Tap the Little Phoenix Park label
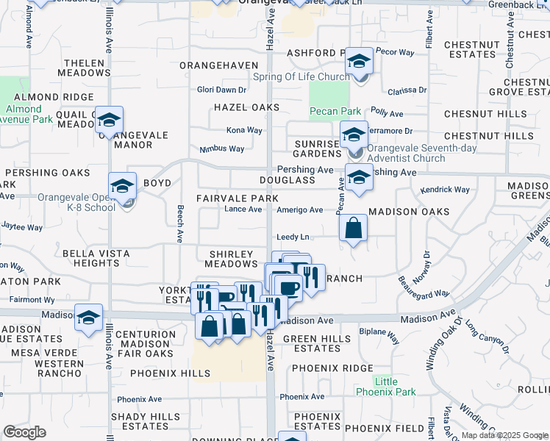[386, 387]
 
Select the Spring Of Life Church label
[301, 76]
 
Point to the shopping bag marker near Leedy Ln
[354, 229]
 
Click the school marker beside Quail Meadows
[109, 121]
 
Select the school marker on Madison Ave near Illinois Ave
[89, 318]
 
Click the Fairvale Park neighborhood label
[237, 198]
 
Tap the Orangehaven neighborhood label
[219, 65]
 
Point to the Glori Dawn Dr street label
[221, 90]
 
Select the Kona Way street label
[244, 130]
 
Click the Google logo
[24, 432]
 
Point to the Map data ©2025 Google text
[504, 435]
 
